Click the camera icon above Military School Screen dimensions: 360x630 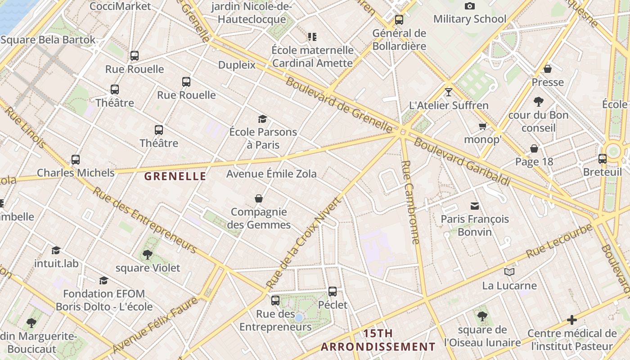coord(469,6)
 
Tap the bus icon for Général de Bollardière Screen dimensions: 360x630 coord(399,20)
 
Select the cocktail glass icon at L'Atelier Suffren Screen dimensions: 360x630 coord(448,92)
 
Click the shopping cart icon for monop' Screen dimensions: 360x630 coord(483,126)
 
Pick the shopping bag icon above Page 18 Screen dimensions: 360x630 coord(534,148)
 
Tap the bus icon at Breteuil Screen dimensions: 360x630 coord(602,159)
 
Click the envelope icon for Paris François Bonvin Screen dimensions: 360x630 coord(474,206)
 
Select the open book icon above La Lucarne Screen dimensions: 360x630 coord(509,272)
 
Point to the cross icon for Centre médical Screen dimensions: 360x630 coord(572,320)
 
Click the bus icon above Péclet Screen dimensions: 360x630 coord(333,292)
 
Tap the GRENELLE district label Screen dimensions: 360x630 coord(175,176)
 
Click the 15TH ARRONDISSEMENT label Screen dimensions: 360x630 coord(378,340)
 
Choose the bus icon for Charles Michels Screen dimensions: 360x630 coord(76,160)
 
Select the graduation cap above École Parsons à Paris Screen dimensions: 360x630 coord(263,119)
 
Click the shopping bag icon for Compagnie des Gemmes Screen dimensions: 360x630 coord(259,198)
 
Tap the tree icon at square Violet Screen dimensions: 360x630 coord(147,255)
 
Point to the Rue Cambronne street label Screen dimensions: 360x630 coord(411,202)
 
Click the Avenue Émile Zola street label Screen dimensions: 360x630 coord(271,174)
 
